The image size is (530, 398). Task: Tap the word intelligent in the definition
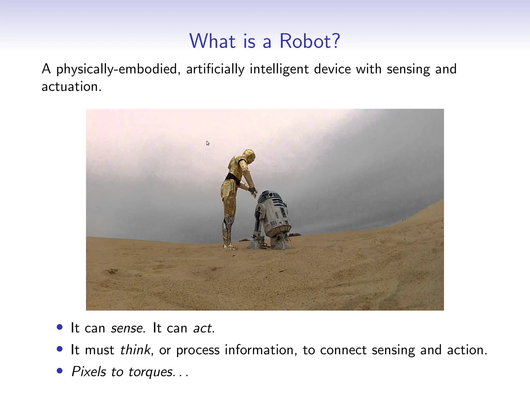coord(279,69)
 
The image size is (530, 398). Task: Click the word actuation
coord(71,87)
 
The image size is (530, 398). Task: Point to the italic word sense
coord(127,328)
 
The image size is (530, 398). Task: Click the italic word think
coord(135,350)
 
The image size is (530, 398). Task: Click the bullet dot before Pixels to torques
coord(60,371)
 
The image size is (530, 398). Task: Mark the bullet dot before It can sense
coord(60,327)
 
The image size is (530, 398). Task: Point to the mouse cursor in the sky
coord(208,143)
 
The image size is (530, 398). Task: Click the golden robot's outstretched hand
coord(253,192)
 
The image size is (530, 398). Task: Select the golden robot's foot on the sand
coord(230,247)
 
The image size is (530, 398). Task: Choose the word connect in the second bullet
coord(343,350)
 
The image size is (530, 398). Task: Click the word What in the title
coord(212,41)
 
